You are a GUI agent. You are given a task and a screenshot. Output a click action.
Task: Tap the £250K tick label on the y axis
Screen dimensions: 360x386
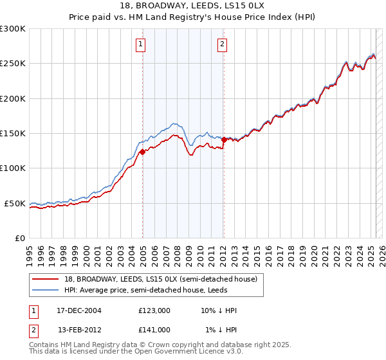coord(13,64)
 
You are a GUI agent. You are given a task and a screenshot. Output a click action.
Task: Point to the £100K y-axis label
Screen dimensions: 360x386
coord(13,168)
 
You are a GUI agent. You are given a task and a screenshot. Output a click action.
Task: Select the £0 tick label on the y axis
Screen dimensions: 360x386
coord(19,238)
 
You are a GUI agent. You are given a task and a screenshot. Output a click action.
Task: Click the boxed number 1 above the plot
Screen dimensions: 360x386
coord(140,44)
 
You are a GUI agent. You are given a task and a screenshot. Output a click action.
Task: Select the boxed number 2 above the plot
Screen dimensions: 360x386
coord(222,44)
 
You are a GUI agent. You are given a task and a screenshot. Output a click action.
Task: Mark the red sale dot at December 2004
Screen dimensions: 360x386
coord(142,152)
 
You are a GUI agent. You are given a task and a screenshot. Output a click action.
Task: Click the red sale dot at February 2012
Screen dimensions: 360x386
coord(223,139)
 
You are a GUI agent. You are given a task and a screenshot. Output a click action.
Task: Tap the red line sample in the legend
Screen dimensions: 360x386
coord(46,279)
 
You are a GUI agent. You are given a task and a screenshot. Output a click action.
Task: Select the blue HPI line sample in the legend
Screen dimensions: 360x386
coord(46,289)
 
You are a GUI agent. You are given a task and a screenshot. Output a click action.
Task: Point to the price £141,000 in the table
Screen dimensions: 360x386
coord(154,330)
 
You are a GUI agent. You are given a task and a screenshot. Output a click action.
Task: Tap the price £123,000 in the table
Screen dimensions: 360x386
coord(154,310)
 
